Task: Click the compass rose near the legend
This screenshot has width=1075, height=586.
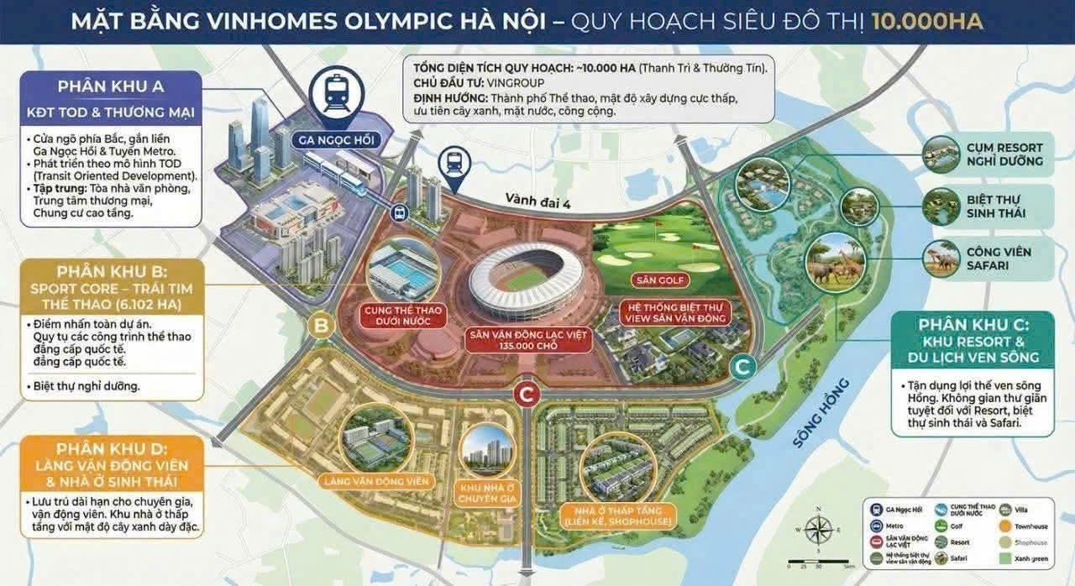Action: click(818, 529)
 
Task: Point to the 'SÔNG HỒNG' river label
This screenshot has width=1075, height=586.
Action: click(821, 412)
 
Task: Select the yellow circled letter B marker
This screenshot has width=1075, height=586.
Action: click(320, 325)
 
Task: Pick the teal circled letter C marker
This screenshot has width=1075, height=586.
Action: click(742, 366)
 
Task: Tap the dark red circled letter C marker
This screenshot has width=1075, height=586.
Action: click(526, 392)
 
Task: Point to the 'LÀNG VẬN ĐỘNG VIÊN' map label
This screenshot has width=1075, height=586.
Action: click(375, 481)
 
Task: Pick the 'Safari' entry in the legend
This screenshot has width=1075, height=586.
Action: click(959, 557)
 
